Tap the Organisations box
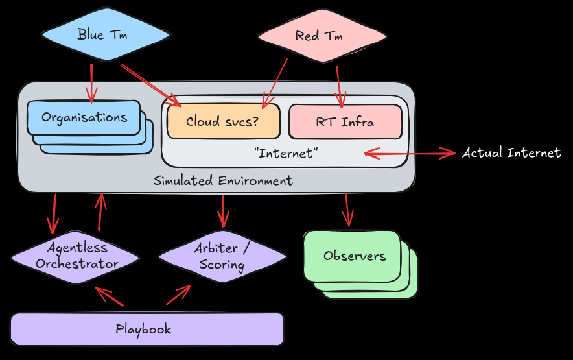click(84, 117)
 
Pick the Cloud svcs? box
click(223, 121)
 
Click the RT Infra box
click(345, 121)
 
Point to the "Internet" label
click(285, 154)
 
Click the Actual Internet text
click(511, 153)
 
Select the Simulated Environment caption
click(223, 180)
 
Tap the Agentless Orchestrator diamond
click(76, 256)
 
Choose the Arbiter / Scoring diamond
click(222, 256)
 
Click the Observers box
click(354, 256)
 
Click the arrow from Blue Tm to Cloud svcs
click(150, 84)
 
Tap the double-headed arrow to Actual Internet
click(410, 154)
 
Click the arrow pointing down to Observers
click(347, 210)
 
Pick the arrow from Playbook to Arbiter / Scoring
click(178, 295)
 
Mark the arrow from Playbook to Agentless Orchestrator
click(108, 296)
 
